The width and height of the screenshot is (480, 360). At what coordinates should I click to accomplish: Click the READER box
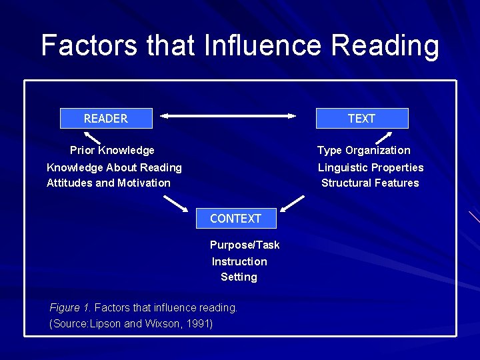106,119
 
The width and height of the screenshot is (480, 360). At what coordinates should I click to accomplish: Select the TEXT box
361,119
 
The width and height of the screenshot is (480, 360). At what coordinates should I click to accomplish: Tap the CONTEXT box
235,219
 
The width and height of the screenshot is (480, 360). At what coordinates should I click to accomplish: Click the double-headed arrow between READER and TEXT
227,116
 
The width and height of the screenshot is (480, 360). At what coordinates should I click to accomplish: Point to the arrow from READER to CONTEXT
176,203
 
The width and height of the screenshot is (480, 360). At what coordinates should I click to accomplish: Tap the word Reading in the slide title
385,45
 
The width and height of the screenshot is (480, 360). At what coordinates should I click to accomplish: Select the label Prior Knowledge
112,151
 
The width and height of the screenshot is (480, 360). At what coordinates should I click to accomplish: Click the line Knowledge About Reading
114,167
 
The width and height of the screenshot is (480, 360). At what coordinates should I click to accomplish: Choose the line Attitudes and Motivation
109,183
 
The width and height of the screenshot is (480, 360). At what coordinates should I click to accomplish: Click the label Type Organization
363,151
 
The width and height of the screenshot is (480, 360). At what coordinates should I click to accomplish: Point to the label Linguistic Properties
371,167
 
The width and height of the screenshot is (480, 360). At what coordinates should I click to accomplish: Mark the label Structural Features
370,183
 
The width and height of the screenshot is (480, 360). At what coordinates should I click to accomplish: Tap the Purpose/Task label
245,245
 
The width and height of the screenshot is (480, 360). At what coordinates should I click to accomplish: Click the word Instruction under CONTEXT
239,261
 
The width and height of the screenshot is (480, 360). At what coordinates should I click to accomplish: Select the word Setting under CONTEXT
239,277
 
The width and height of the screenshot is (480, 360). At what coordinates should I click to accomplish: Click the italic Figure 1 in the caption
70,307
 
